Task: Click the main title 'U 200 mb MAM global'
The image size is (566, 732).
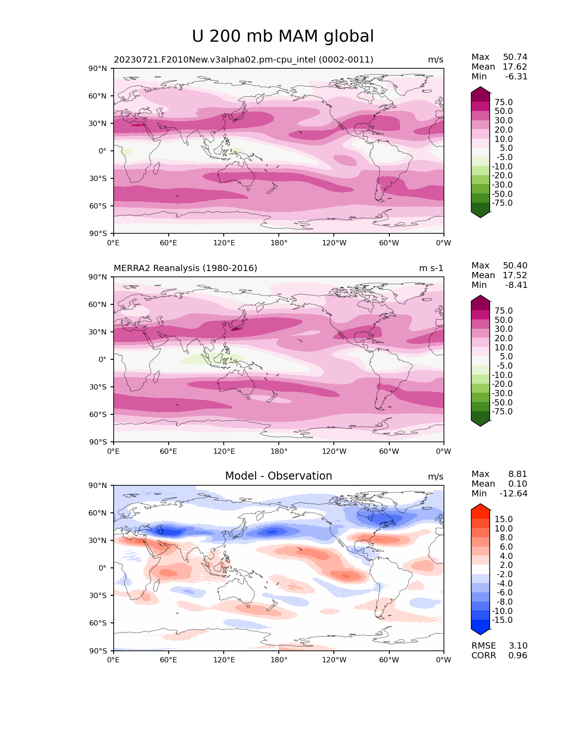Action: click(283, 36)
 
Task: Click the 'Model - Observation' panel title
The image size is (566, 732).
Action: click(278, 476)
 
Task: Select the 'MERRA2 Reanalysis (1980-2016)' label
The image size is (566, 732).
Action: click(186, 268)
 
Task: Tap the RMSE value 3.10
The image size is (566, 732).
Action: click(518, 646)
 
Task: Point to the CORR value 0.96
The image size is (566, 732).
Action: click(518, 656)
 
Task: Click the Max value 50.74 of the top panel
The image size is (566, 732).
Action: click(515, 57)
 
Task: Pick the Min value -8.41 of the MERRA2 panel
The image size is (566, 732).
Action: click(516, 285)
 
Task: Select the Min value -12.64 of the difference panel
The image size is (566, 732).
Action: click(513, 494)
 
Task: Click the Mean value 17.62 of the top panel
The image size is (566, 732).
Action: click(515, 67)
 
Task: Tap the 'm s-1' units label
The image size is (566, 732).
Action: click(431, 268)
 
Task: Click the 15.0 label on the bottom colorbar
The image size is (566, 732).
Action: click(504, 519)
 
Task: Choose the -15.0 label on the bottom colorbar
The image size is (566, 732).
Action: click(502, 620)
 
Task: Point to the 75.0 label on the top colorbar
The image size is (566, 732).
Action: click(504, 102)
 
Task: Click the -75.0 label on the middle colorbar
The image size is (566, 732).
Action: click(502, 412)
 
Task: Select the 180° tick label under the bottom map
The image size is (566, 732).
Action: click(279, 660)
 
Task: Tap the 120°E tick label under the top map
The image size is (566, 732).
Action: click(224, 243)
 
